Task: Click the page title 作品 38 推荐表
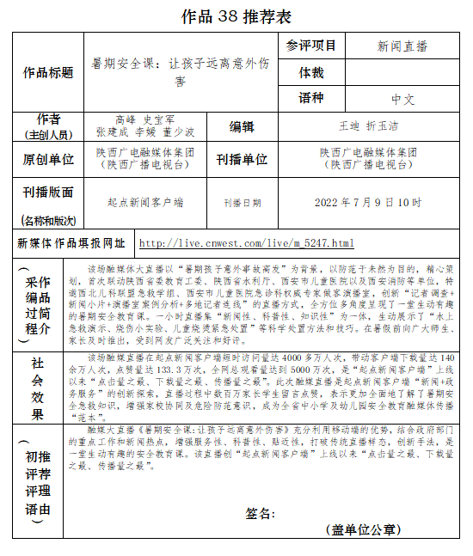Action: point(236,16)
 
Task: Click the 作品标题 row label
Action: point(48,73)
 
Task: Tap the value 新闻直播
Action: point(402,46)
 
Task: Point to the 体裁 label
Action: point(310,73)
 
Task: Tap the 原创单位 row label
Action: point(48,159)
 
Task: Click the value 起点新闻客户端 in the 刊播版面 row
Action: point(145,203)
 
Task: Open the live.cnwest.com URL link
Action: point(246,244)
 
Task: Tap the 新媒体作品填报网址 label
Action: point(71,244)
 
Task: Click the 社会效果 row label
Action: point(37,388)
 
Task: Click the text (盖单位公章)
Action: point(362,530)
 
